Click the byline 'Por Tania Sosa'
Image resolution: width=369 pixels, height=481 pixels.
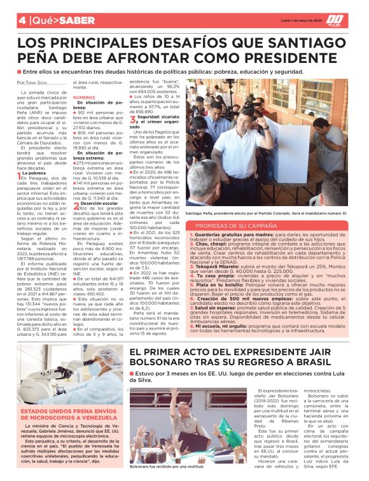(33, 83)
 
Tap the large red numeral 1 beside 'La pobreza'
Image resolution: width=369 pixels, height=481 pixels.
(20, 175)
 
